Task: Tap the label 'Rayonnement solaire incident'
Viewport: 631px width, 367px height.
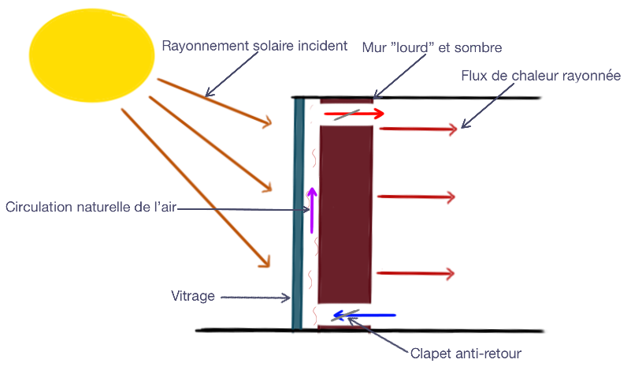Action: click(x=254, y=46)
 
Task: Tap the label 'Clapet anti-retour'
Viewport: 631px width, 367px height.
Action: click(x=466, y=353)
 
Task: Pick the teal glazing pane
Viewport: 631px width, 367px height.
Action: click(x=298, y=213)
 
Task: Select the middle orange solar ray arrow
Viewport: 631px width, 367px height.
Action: click(x=209, y=144)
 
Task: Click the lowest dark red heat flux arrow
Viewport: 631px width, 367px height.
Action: click(x=416, y=274)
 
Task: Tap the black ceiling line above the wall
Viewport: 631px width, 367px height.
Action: click(x=457, y=98)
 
